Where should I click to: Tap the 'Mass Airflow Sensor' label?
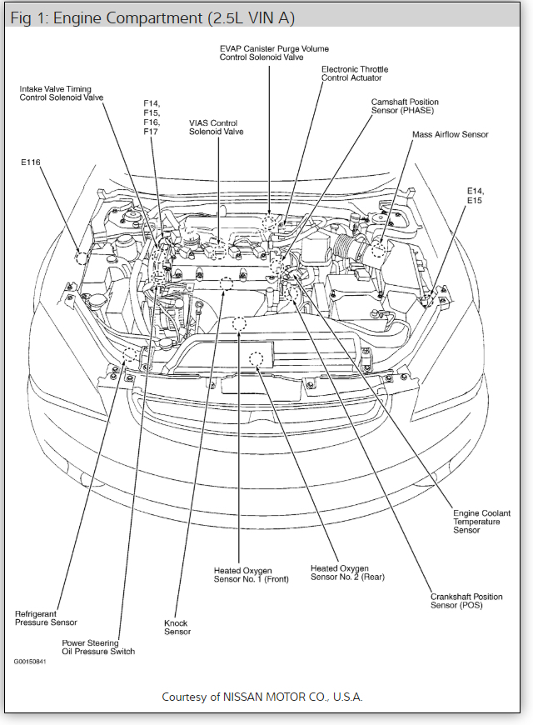[x=450, y=134]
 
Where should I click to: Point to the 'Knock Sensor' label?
[x=177, y=627]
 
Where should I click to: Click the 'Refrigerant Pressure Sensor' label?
[x=46, y=618]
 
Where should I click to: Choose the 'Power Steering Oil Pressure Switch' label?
[x=98, y=647]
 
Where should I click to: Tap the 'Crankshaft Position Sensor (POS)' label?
[x=466, y=601]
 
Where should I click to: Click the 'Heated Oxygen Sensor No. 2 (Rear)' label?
[x=347, y=572]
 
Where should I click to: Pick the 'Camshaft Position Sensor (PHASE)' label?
[x=404, y=106]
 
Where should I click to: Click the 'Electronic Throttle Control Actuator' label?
[x=355, y=73]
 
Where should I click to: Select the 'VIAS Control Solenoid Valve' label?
[x=217, y=127]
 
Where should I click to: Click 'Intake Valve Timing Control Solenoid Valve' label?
[x=62, y=92]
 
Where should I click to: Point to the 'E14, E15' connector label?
[x=475, y=195]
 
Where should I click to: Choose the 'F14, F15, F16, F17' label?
[x=151, y=117]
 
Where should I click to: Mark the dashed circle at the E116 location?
[x=81, y=257]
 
